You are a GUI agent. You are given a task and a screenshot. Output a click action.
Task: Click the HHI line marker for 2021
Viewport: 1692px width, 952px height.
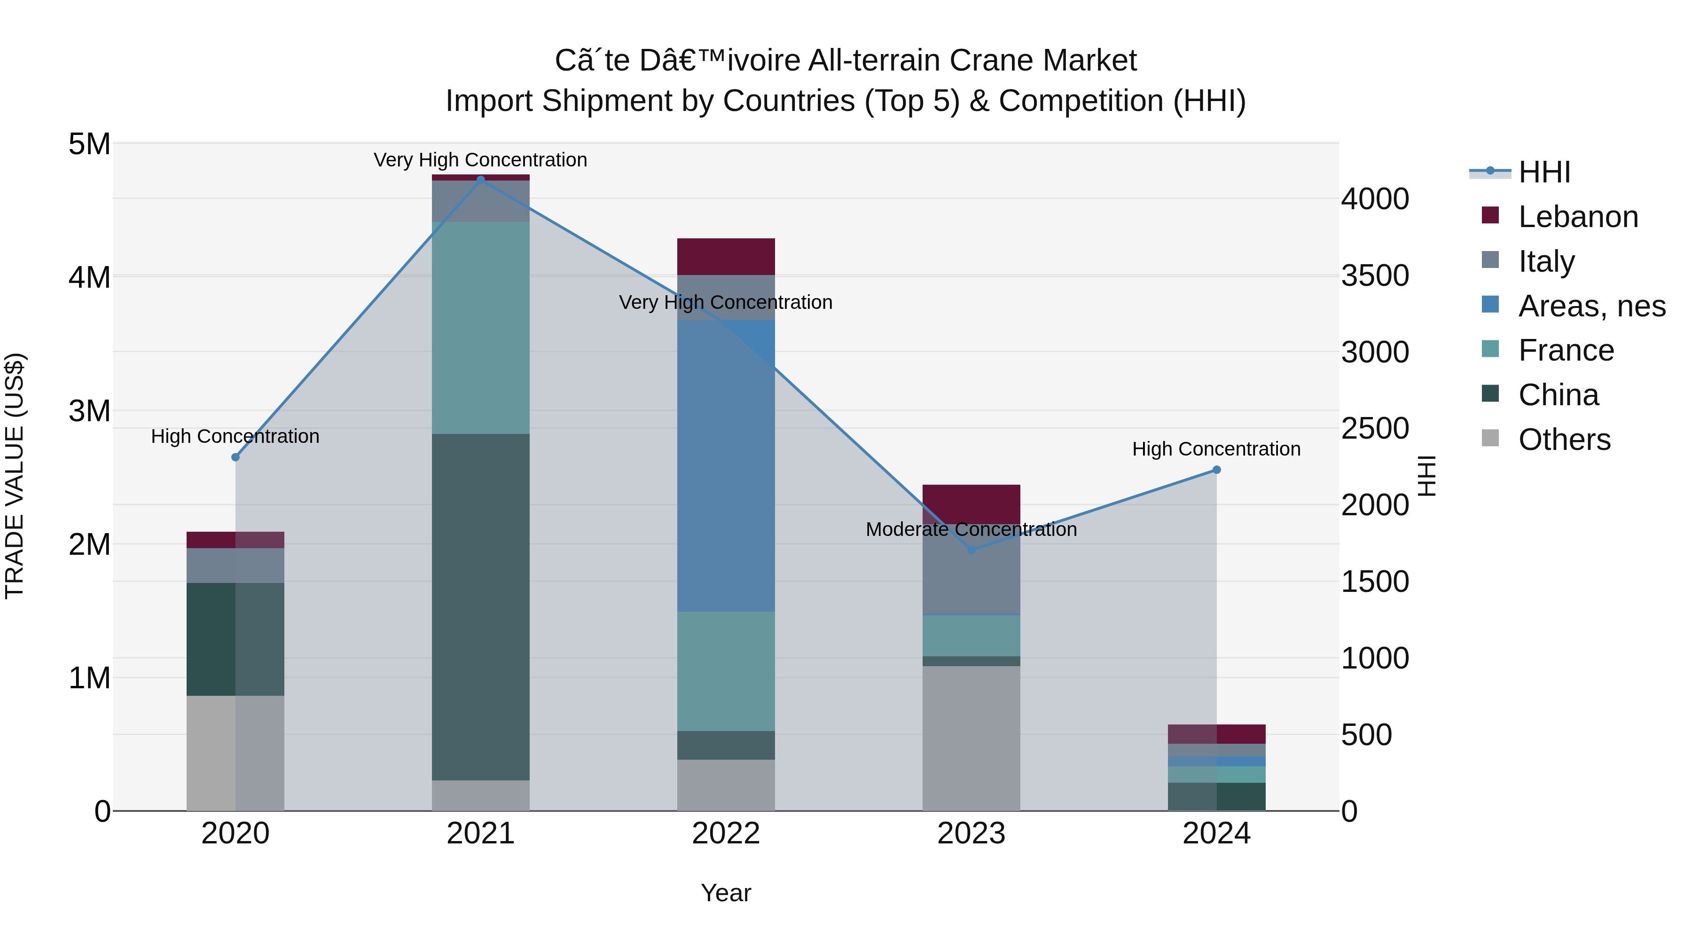480,180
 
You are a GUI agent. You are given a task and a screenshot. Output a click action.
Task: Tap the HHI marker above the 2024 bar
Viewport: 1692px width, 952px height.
1216,470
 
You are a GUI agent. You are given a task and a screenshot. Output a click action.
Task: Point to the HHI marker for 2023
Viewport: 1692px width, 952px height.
971,550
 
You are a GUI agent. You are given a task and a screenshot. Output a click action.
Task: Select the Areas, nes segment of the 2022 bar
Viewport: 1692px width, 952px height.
726,466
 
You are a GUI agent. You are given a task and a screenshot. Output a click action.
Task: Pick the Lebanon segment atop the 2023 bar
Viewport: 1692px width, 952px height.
971,504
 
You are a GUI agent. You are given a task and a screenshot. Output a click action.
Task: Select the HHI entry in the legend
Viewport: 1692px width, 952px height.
1543,172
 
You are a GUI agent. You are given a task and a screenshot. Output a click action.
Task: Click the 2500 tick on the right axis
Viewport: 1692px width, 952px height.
1375,428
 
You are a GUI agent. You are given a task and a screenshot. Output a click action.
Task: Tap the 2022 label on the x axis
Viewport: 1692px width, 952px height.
726,834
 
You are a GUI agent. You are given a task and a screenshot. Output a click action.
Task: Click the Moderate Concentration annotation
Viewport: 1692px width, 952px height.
971,529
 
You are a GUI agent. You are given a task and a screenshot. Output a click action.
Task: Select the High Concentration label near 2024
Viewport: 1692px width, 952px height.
1216,449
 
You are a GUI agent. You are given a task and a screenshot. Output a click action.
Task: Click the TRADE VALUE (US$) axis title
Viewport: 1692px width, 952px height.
15,476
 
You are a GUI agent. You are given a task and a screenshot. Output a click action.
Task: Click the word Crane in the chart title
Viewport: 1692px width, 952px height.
991,61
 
